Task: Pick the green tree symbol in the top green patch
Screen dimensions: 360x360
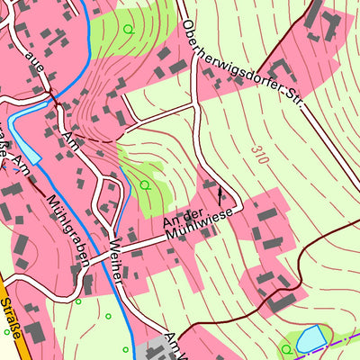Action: (128, 29)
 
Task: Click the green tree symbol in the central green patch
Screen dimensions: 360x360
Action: (144, 184)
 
